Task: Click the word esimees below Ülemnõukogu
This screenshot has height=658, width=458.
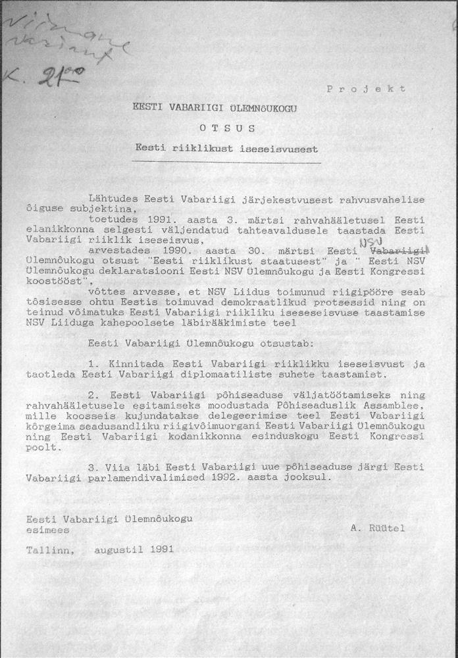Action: click(x=48, y=528)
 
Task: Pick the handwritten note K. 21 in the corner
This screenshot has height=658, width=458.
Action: click(x=43, y=78)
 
